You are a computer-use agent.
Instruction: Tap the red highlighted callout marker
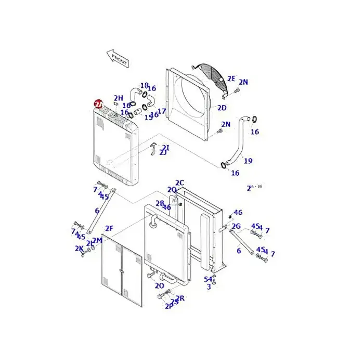[98, 104]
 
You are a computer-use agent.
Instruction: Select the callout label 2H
[119, 98]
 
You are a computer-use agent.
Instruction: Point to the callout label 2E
[231, 79]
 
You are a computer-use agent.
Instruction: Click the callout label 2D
[222, 108]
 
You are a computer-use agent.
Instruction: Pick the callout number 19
[248, 161]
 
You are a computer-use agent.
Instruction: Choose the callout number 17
[162, 111]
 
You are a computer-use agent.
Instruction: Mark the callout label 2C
[179, 183]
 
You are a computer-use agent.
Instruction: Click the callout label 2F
[109, 228]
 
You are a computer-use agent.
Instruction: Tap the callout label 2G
[236, 226]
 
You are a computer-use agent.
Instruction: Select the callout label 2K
[79, 249]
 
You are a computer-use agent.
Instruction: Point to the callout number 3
[209, 287]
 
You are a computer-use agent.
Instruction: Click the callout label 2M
[97, 240]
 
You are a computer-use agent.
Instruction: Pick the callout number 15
[148, 117]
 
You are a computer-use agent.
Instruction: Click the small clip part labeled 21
[154, 149]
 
